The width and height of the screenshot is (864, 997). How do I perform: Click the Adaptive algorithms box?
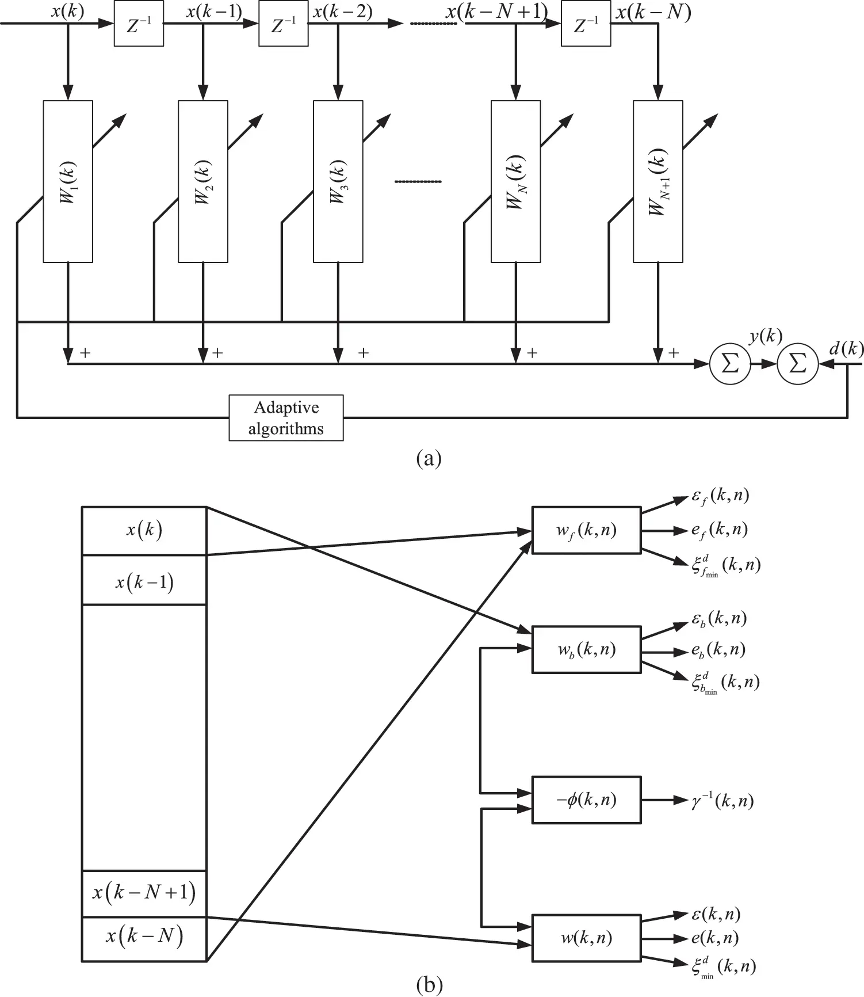(x=286, y=418)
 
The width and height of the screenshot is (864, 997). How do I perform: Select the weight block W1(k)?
(x=68, y=181)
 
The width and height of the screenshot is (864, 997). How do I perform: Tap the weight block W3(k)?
(x=338, y=181)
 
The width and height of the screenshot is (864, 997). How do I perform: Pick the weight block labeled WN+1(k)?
(x=657, y=181)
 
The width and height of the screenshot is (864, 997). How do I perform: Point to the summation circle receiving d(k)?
(x=797, y=364)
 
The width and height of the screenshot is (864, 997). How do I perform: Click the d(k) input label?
(x=846, y=348)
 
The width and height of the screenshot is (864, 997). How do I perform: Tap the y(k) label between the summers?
(x=765, y=336)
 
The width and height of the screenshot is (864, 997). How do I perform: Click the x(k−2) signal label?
(x=342, y=12)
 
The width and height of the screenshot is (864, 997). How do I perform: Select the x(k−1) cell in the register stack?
(x=144, y=582)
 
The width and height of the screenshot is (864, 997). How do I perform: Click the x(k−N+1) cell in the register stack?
(x=144, y=893)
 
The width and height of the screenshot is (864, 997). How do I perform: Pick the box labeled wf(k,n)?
(x=586, y=530)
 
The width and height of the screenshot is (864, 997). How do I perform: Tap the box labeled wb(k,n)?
(x=586, y=650)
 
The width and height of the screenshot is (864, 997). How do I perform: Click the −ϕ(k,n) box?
(x=586, y=800)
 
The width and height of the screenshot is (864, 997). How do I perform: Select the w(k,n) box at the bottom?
(x=586, y=938)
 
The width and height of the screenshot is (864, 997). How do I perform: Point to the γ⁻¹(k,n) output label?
(x=722, y=801)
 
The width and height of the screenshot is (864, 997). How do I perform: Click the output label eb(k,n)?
(x=718, y=650)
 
